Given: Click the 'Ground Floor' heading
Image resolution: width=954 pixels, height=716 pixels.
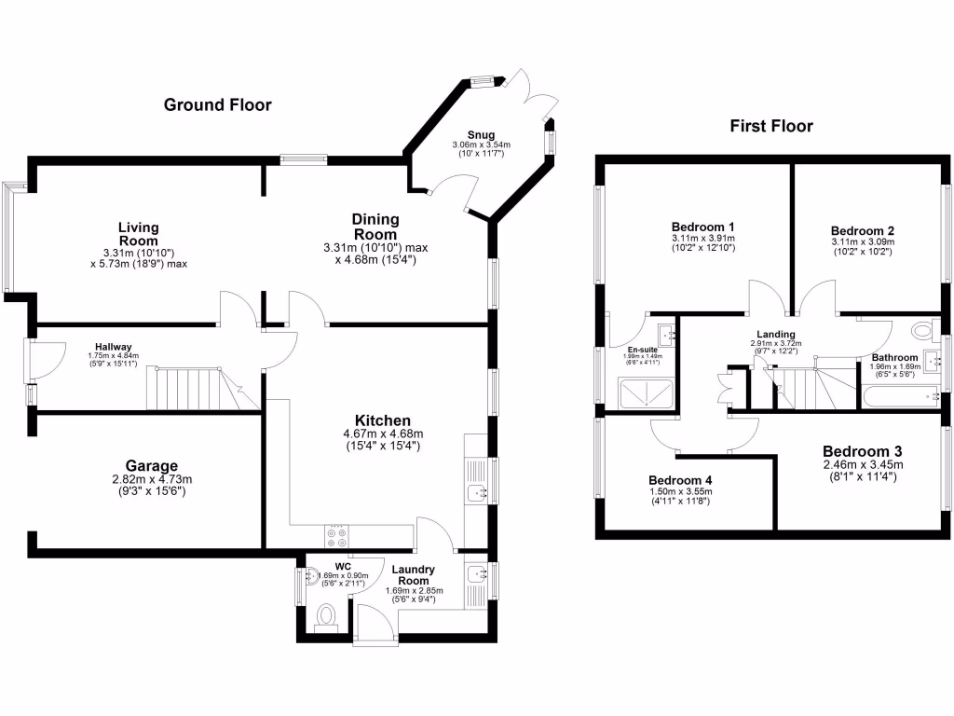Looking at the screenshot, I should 218,104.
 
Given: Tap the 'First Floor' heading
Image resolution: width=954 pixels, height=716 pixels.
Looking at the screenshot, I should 771,126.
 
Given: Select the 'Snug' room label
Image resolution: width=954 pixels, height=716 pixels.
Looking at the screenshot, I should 482,134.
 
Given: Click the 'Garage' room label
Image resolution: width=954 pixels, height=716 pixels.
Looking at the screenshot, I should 152,465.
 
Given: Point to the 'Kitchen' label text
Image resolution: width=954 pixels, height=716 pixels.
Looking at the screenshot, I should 383,420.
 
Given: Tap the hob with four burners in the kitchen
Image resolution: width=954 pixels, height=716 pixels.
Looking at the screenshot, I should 335,536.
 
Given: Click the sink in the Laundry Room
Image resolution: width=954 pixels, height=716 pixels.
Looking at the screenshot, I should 476,573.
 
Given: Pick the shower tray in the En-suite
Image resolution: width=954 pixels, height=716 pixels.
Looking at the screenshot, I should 643,394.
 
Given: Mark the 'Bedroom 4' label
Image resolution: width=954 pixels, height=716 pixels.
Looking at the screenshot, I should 680,481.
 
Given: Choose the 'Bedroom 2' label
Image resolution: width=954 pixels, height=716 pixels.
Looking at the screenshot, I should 863,231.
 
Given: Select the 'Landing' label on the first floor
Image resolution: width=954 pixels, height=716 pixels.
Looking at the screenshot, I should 776,334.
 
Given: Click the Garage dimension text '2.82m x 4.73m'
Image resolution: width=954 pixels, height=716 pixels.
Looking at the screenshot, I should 152,479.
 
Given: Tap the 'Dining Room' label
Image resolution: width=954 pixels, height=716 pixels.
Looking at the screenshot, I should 375,226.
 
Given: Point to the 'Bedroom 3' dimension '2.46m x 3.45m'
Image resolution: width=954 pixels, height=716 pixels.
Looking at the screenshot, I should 863,464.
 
